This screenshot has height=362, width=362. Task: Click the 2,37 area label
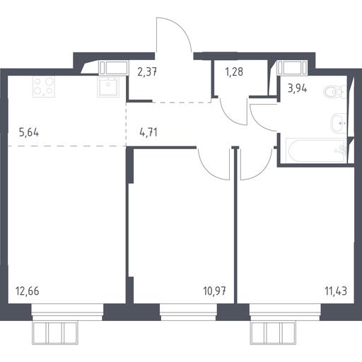(x=147, y=71)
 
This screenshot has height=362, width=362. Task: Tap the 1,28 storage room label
(x=234, y=71)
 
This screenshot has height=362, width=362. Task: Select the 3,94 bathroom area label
(x=298, y=88)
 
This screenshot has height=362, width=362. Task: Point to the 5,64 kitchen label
(x=29, y=132)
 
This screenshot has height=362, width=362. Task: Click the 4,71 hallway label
(x=148, y=132)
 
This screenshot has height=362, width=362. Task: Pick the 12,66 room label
(x=28, y=291)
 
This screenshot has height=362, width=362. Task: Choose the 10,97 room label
(x=214, y=291)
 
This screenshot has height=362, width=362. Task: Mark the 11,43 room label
(x=336, y=291)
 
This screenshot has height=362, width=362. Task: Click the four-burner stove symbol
(x=44, y=86)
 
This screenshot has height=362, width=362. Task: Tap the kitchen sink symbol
(x=107, y=86)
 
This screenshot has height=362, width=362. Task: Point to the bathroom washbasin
(x=339, y=123)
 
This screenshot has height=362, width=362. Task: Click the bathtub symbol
(x=316, y=151)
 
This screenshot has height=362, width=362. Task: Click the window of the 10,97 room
(x=188, y=312)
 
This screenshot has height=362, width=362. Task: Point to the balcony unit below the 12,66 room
(x=56, y=333)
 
